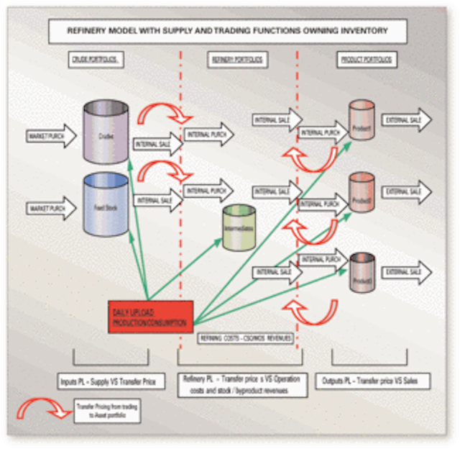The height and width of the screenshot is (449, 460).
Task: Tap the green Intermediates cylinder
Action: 239,228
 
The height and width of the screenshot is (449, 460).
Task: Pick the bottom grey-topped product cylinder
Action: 361,272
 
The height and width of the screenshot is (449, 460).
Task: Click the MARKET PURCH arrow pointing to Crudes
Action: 50,135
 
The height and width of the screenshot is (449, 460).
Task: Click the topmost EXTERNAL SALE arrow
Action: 407,120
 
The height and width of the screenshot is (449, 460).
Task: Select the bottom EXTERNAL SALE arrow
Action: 407,271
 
